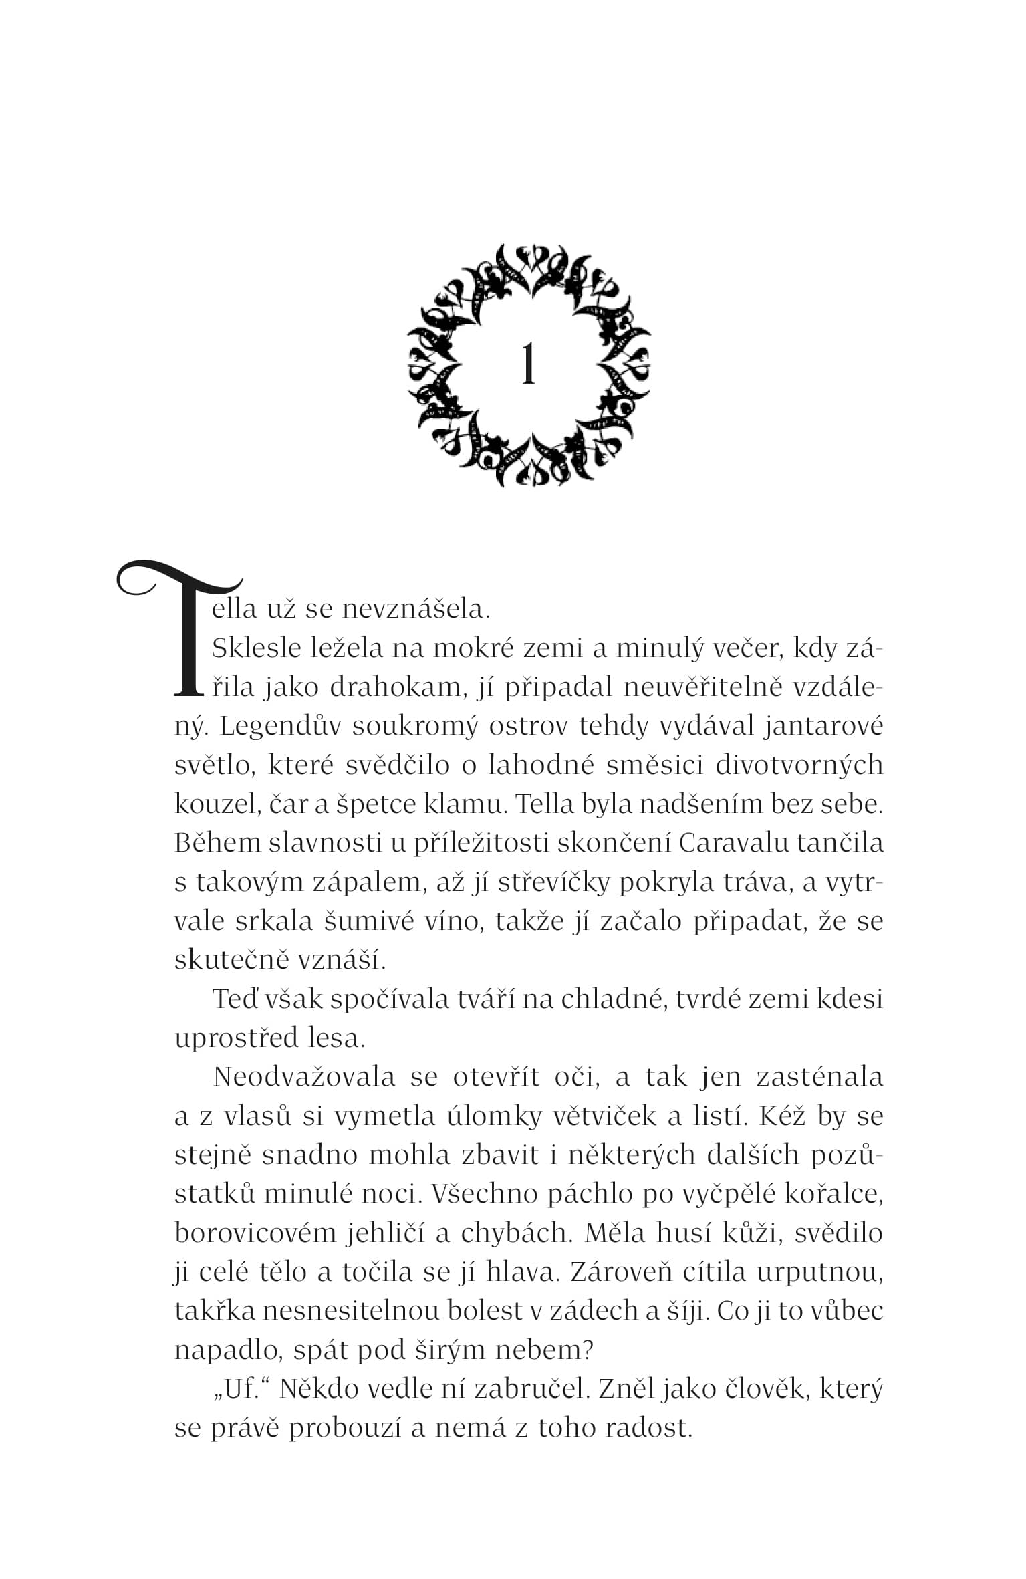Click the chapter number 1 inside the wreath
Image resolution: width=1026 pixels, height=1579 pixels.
(x=528, y=365)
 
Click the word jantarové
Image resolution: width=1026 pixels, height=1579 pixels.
(x=823, y=727)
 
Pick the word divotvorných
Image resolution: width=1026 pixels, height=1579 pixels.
(x=799, y=765)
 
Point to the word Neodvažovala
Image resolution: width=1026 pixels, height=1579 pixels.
(x=304, y=1077)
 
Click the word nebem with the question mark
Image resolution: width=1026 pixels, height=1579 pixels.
(x=544, y=1350)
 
